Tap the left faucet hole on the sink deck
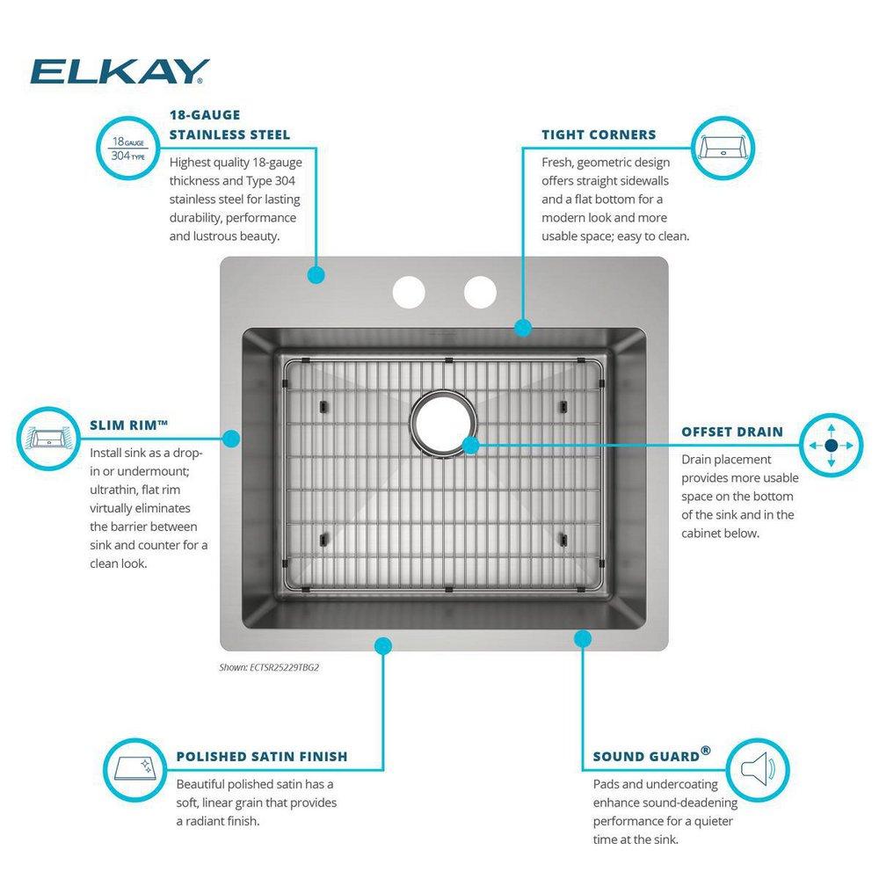click(x=409, y=292)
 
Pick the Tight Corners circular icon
click(x=724, y=147)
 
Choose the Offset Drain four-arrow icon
click(x=830, y=446)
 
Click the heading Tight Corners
click(x=599, y=134)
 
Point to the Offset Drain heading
click(x=732, y=432)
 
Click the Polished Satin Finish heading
click(x=262, y=756)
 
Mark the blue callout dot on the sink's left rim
click(x=232, y=437)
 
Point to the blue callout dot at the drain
click(x=470, y=446)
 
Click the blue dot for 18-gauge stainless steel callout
click(x=316, y=275)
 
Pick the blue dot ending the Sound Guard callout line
click(x=582, y=636)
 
